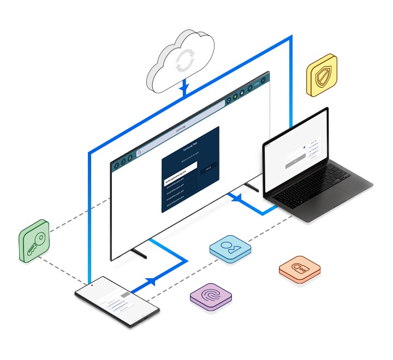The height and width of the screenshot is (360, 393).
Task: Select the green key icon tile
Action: (34, 241)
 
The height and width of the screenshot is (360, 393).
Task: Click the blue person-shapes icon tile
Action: (230, 249)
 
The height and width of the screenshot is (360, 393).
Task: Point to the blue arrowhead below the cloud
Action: (184, 88)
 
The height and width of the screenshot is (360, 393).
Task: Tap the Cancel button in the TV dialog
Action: (208, 171)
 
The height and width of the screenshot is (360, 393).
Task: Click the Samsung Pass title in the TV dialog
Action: (190, 148)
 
